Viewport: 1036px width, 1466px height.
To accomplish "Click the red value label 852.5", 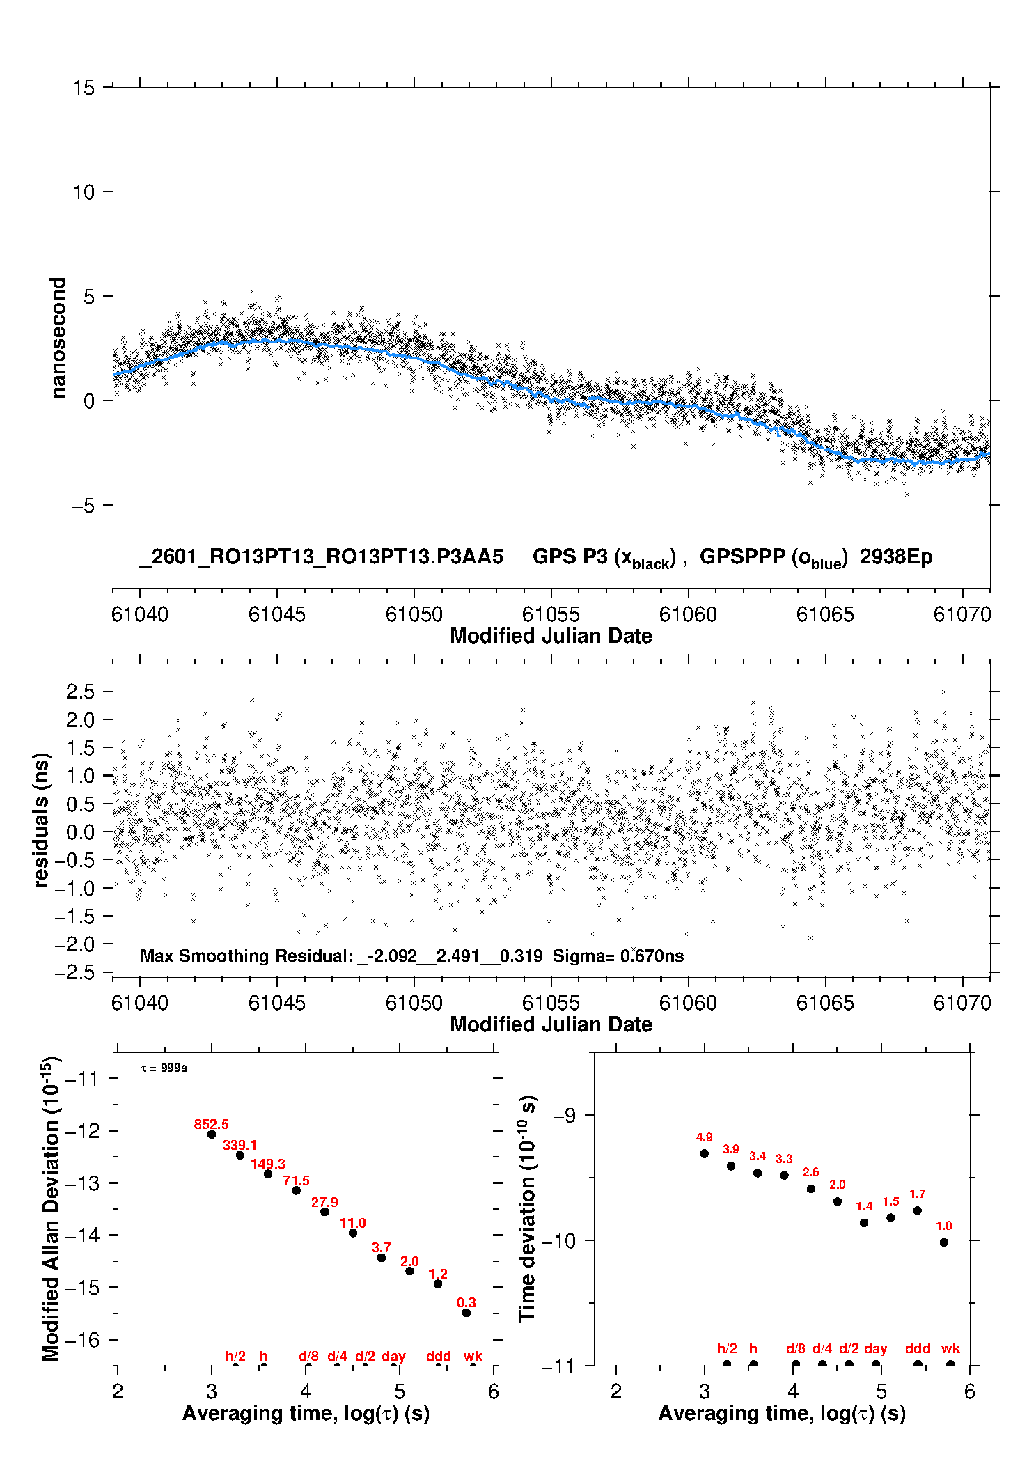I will tap(211, 1124).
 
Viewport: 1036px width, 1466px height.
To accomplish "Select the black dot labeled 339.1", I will tap(240, 1155).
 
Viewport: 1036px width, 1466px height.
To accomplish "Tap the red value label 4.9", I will tap(704, 1137).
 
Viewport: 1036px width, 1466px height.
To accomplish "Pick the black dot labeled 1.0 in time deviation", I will tap(944, 1242).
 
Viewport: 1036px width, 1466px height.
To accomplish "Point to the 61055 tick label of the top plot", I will tap(551, 614).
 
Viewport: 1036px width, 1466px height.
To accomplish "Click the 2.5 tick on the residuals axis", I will tap(80, 692).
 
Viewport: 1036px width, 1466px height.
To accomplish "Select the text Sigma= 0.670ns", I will tap(618, 956).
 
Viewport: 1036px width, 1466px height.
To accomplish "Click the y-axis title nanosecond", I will tap(58, 338).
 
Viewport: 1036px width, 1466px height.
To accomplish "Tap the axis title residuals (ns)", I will tap(42, 820).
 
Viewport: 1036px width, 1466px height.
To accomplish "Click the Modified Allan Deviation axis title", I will tap(51, 1208).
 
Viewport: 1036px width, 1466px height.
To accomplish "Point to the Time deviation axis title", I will tap(527, 1208).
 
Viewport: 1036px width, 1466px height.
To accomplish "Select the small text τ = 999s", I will tap(164, 1068).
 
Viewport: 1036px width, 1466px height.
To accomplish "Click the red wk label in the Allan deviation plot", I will tap(473, 1356).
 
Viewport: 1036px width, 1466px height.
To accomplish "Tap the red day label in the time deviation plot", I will tap(875, 1348).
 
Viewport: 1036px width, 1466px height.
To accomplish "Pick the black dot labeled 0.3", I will tap(466, 1313).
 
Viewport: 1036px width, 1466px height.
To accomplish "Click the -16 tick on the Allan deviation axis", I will tap(82, 1339).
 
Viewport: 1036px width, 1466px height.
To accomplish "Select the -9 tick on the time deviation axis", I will tap(565, 1115).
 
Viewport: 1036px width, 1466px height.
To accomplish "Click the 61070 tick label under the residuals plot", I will tap(962, 1003).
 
